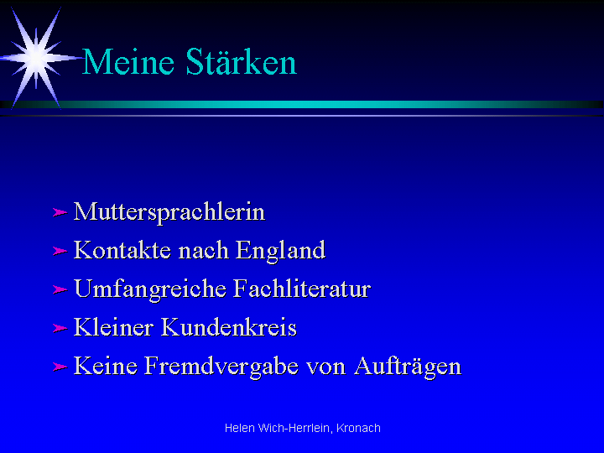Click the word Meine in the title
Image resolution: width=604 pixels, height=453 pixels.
[128, 61]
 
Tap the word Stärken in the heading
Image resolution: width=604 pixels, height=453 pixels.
[241, 61]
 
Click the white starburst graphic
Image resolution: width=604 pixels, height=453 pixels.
[37, 58]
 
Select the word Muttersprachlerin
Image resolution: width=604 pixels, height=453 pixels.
[169, 212]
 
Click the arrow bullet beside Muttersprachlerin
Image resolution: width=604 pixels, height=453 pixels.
[60, 212]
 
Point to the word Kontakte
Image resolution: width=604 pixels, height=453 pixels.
[122, 250]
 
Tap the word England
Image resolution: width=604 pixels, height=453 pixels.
[280, 251]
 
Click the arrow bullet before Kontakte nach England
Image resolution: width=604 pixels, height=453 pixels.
[60, 251]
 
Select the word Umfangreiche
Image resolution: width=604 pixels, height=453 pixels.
[150, 289]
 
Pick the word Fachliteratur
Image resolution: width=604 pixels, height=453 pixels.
[302, 289]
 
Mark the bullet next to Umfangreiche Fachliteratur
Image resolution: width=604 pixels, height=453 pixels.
[60, 289]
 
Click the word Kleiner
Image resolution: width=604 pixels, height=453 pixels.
[113, 327]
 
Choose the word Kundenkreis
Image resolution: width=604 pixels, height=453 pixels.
[229, 327]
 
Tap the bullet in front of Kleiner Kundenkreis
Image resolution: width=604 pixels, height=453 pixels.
[60, 328]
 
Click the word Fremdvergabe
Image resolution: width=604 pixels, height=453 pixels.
[221, 367]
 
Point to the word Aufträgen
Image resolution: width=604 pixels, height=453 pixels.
[408, 367]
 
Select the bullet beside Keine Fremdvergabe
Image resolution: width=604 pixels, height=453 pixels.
[60, 367]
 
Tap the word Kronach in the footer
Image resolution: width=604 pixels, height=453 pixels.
[358, 428]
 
